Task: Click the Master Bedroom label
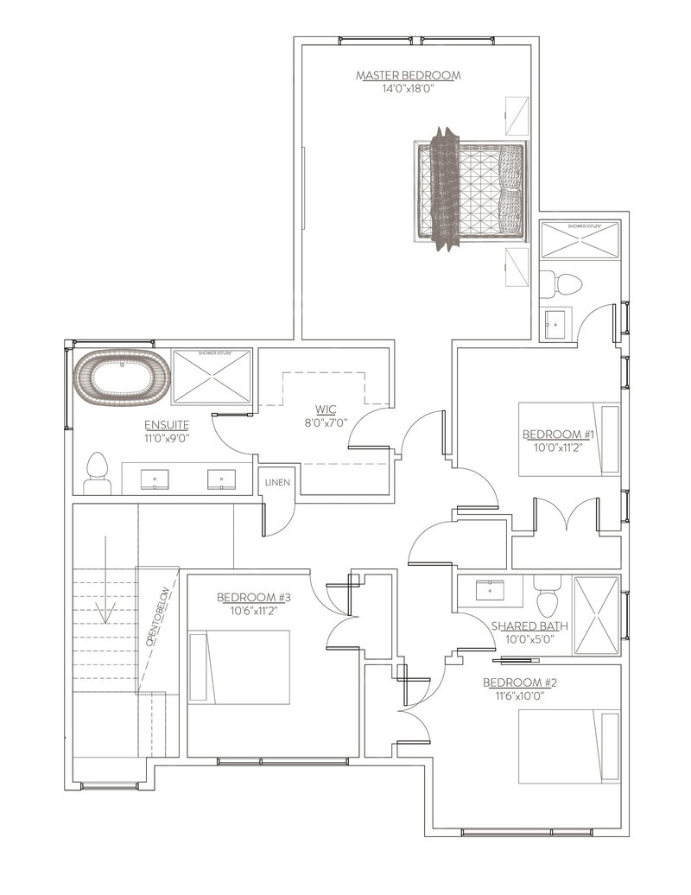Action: [x=408, y=76]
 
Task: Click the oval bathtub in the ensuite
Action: [x=118, y=379]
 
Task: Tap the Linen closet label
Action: [x=277, y=482]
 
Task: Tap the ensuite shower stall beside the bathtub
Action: [x=212, y=376]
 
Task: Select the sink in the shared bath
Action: [x=489, y=591]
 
